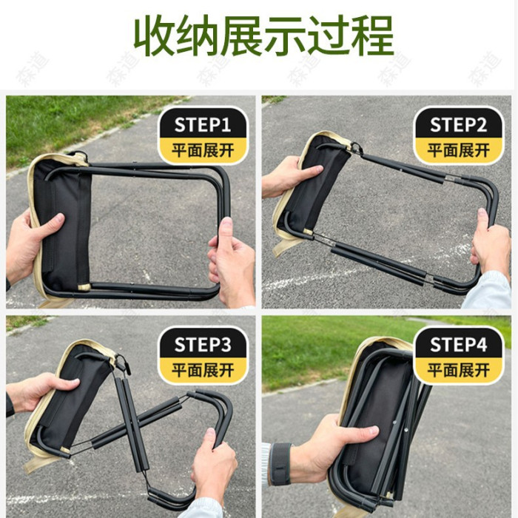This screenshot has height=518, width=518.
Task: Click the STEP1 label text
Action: [203, 125]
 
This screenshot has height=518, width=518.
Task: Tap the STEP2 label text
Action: [458, 125]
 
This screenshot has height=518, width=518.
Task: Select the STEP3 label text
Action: [203, 345]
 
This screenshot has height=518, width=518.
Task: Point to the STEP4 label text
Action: [458, 345]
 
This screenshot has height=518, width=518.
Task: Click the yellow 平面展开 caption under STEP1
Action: [203, 150]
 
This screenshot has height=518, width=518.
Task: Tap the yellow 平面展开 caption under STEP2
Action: [459, 150]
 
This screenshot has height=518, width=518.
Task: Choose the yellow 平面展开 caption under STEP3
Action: [203, 370]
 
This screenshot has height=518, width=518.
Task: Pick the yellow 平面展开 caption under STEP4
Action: [459, 370]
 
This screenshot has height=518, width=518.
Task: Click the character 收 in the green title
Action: [155, 36]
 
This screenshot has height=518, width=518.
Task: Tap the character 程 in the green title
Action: [372, 36]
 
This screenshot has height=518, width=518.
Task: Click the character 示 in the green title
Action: [285, 36]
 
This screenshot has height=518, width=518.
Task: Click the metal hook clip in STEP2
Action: [357, 148]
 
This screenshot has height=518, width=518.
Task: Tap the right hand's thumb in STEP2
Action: [483, 221]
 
